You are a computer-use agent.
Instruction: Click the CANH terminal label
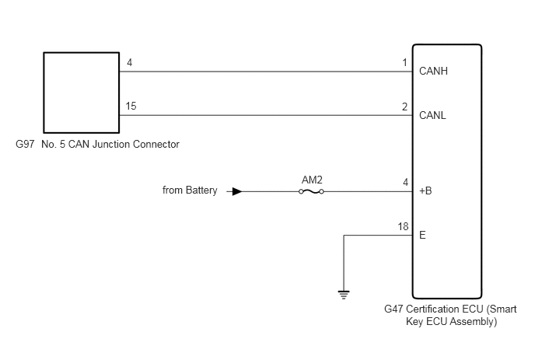pyautogui.click(x=433, y=71)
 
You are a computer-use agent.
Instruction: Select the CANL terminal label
pyautogui.click(x=432, y=115)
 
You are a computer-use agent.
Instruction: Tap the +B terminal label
pyautogui.click(x=425, y=190)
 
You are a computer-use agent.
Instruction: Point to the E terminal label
pyautogui.click(x=422, y=235)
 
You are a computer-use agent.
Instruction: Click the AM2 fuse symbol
pyautogui.click(x=311, y=192)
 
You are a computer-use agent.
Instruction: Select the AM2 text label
pyautogui.click(x=312, y=180)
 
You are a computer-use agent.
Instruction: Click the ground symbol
pyautogui.click(x=344, y=295)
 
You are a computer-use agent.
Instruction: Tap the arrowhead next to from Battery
pyautogui.click(x=237, y=191)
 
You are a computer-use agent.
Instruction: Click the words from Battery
pyautogui.click(x=190, y=190)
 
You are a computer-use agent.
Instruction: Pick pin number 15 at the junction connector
pyautogui.click(x=131, y=106)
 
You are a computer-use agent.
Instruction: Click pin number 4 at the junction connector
pyautogui.click(x=130, y=62)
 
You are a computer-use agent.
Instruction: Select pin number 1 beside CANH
pyautogui.click(x=405, y=62)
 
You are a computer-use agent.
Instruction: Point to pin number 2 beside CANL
pyautogui.click(x=404, y=107)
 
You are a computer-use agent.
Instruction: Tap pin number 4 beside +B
pyautogui.click(x=405, y=182)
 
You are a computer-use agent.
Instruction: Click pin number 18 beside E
pyautogui.click(x=403, y=226)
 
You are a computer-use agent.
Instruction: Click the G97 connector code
pyautogui.click(x=25, y=144)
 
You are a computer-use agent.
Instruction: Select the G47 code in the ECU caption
pyautogui.click(x=393, y=309)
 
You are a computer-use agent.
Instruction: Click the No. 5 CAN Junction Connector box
pyautogui.click(x=81, y=93)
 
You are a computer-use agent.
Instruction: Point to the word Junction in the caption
pyautogui.click(x=111, y=144)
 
